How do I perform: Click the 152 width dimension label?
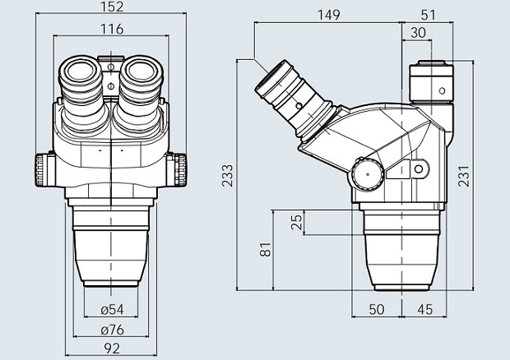112,7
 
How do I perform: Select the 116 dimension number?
112,30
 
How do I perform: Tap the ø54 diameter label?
112,310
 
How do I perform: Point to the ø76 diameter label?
112,330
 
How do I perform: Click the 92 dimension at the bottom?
112,348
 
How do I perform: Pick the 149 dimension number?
329,15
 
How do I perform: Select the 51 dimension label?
428,15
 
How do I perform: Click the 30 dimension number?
418,33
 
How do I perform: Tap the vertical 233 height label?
228,175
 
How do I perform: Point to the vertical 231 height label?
464,176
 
